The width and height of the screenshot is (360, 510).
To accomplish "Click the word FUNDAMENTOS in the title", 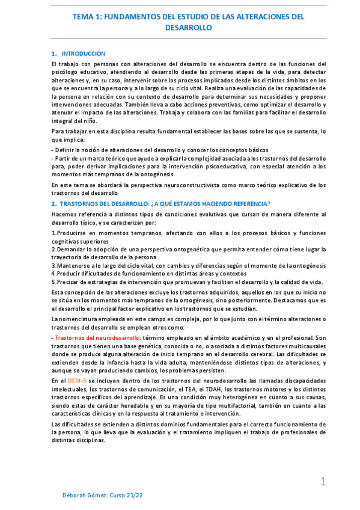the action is [127, 17].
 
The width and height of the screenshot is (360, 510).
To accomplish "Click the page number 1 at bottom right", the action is [323, 481].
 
